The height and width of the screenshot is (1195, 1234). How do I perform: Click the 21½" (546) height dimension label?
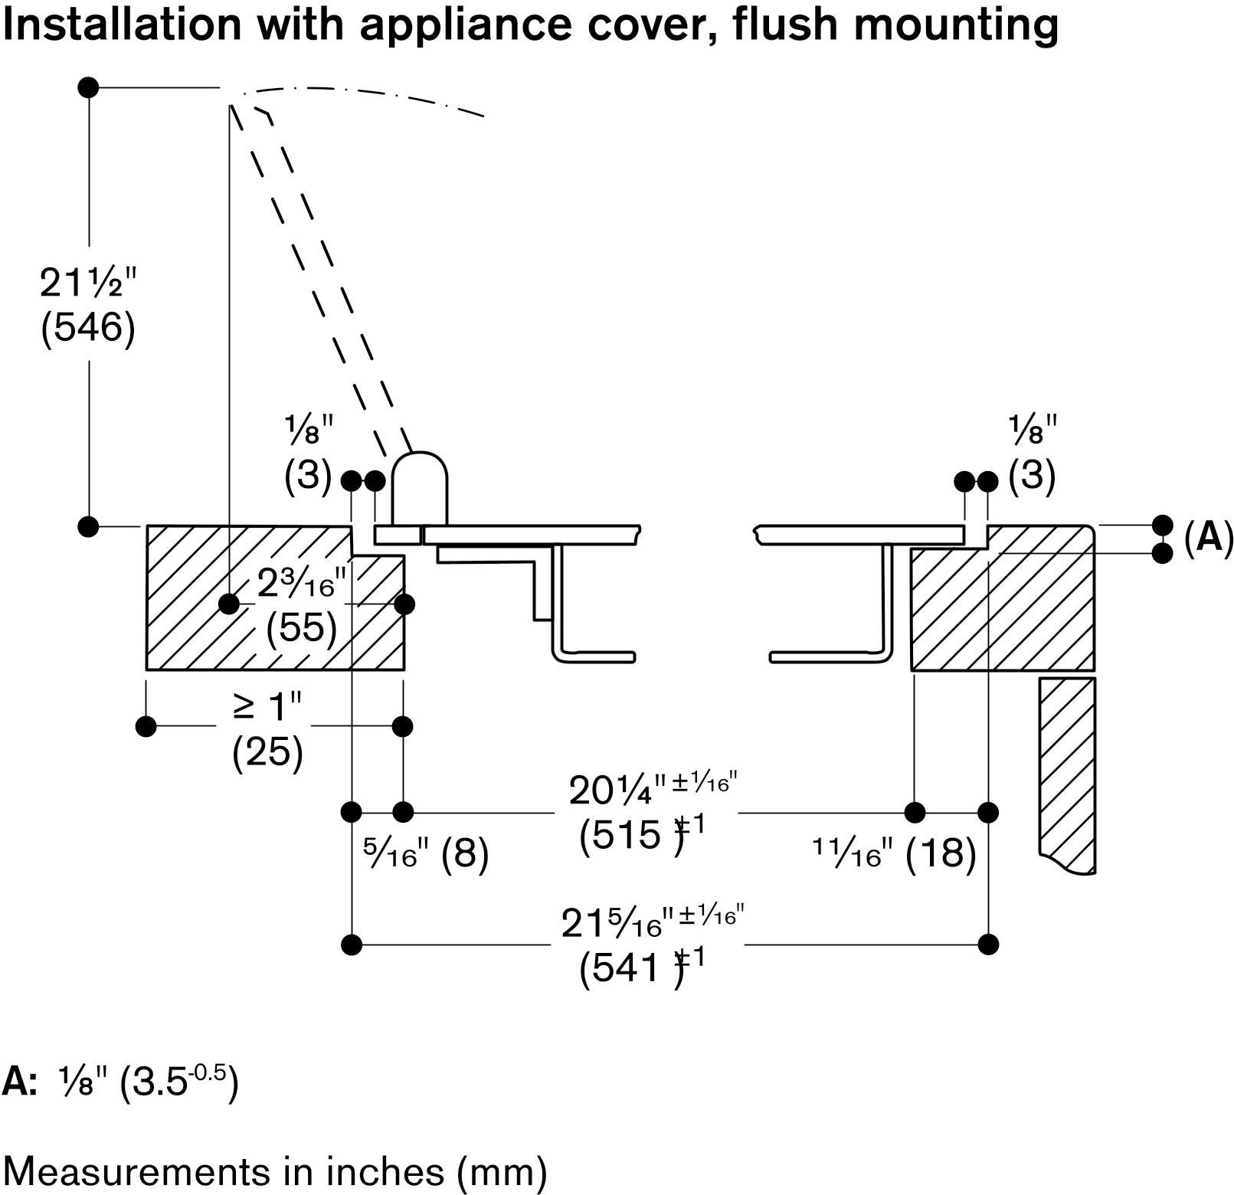pos(88,306)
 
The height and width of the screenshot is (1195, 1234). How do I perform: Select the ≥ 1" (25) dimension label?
pos(268,731)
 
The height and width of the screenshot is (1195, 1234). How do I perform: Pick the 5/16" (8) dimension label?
pos(425,853)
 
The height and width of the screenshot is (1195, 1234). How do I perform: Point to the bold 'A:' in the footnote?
pos(20,1082)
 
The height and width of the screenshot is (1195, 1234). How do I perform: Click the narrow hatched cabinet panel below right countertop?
pos(1067,774)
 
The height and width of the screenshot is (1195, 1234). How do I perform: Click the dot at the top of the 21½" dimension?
pos(88,87)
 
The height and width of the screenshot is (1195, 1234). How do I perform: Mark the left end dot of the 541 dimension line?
pos(351,944)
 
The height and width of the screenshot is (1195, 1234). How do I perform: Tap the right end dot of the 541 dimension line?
pos(988,944)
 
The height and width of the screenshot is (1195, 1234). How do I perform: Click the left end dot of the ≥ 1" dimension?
pos(146,725)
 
